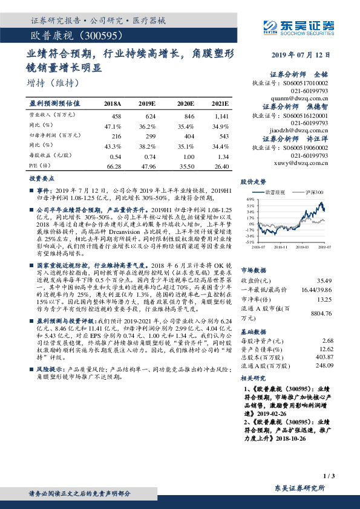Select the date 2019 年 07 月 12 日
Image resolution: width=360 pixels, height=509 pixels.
tap(303, 55)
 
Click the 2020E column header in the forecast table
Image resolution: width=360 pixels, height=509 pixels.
tap(185, 104)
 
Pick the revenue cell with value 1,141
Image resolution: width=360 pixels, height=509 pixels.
tap(221, 115)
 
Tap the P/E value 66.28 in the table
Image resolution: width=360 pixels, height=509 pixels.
tap(113, 166)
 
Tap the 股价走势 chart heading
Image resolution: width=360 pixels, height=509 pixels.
tap(254, 181)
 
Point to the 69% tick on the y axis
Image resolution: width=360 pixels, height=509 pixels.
tap(250, 199)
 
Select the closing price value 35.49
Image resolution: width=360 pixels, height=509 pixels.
tap(324, 280)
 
